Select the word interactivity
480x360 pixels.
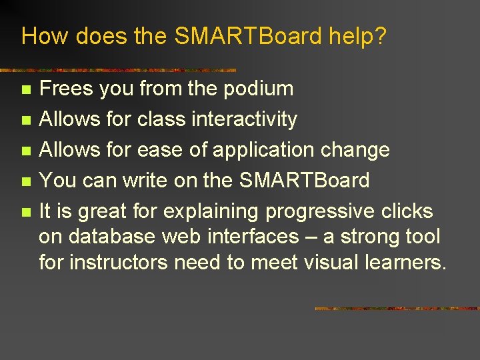point(244,119)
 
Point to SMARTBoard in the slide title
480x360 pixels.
point(248,36)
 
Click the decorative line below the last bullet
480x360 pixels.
point(397,309)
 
